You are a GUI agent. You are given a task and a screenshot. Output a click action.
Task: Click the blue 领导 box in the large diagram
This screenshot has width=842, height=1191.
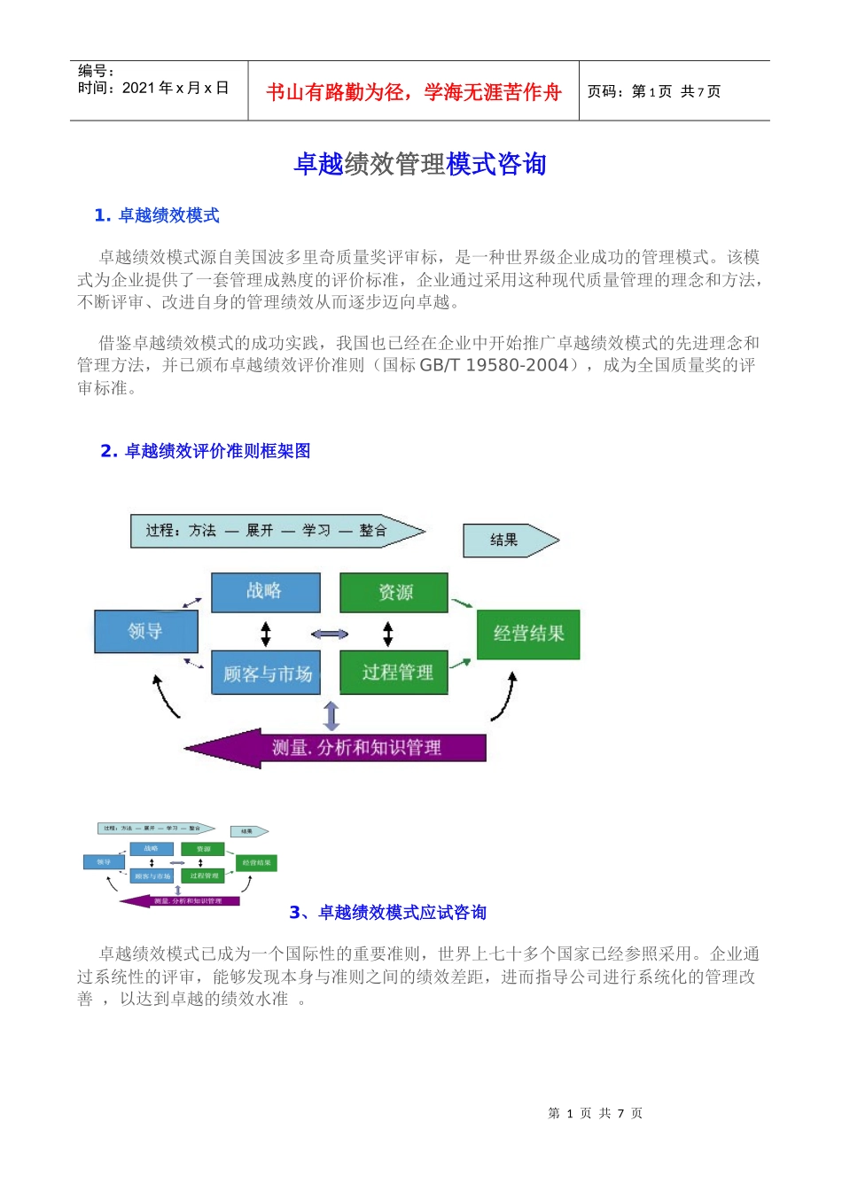(x=146, y=632)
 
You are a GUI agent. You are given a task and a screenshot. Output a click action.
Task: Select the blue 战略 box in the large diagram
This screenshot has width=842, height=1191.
(x=265, y=592)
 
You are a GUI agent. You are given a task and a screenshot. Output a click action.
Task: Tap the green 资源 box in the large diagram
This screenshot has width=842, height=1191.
(x=394, y=592)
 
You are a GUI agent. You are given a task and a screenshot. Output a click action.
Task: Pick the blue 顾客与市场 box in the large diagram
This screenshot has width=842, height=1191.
(x=265, y=673)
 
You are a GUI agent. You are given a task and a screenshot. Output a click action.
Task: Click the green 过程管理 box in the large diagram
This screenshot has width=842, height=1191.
(x=394, y=673)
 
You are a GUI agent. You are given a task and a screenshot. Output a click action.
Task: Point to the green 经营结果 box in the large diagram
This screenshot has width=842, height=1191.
(x=528, y=634)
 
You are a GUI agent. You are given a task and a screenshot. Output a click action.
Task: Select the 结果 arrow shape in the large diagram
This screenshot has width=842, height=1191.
(x=508, y=540)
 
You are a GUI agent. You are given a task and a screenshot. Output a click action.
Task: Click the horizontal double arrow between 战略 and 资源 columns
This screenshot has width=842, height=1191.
(x=330, y=634)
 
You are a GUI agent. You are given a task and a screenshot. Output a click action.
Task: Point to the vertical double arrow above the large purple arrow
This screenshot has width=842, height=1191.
(x=331, y=715)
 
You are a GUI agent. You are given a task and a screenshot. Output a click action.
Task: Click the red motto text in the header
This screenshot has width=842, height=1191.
(x=414, y=92)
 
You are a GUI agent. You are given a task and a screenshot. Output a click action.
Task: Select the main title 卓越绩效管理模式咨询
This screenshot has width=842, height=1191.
(x=420, y=164)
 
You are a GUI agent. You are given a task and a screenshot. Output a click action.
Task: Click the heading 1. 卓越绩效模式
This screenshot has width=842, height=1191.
(x=157, y=215)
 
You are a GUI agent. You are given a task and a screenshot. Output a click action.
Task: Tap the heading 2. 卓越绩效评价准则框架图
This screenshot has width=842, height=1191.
(x=206, y=451)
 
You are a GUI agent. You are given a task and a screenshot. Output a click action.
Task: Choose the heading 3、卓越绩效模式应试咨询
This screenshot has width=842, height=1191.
(x=388, y=913)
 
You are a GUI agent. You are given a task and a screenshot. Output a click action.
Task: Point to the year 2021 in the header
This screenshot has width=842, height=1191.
(x=138, y=88)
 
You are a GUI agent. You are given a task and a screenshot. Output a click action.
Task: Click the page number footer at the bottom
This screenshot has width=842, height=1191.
(x=595, y=1113)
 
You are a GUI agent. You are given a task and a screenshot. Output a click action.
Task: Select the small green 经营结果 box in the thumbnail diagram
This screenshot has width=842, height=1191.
(x=257, y=862)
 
